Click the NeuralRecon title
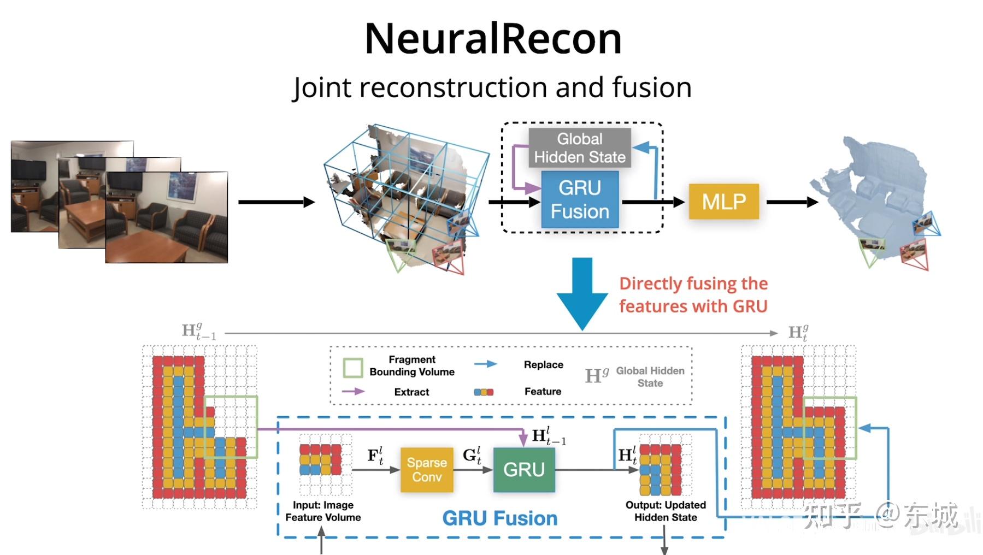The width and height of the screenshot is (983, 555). pyautogui.click(x=493, y=39)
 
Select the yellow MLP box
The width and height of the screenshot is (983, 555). pyautogui.click(x=723, y=202)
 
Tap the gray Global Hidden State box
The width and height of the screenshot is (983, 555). pyautogui.click(x=579, y=148)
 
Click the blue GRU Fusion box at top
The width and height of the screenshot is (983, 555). pyautogui.click(x=580, y=199)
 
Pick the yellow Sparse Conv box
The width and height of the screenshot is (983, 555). pyautogui.click(x=426, y=470)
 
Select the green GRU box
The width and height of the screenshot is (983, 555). pyautogui.click(x=523, y=470)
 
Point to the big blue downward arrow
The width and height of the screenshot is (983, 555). pyautogui.click(x=582, y=292)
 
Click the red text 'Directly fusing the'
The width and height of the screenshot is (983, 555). pyautogui.click(x=693, y=284)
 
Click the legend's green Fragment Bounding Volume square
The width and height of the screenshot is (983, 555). pyautogui.click(x=353, y=368)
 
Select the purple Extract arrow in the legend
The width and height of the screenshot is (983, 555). pyautogui.click(x=353, y=391)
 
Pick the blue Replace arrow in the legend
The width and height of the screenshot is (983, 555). pyautogui.click(x=485, y=364)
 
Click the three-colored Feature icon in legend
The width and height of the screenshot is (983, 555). pyautogui.click(x=484, y=392)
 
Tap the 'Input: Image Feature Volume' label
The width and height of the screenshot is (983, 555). pyautogui.click(x=323, y=511)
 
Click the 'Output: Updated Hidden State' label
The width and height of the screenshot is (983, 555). pyautogui.click(x=666, y=511)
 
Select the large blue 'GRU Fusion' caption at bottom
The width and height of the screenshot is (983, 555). pyautogui.click(x=499, y=518)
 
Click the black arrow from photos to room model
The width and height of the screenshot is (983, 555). pyautogui.click(x=276, y=202)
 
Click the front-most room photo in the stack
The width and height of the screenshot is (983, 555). pyautogui.click(x=166, y=217)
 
